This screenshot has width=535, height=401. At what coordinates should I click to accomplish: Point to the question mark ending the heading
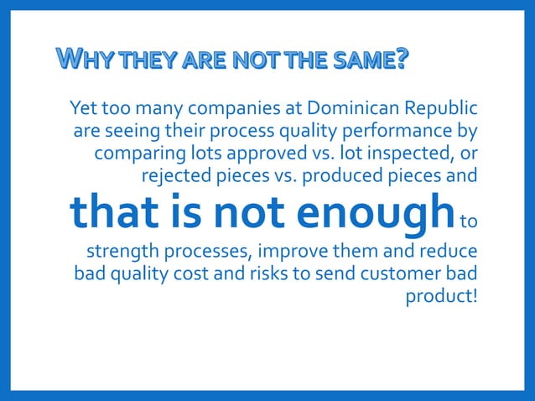403,59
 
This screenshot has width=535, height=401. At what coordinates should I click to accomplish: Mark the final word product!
442,297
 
